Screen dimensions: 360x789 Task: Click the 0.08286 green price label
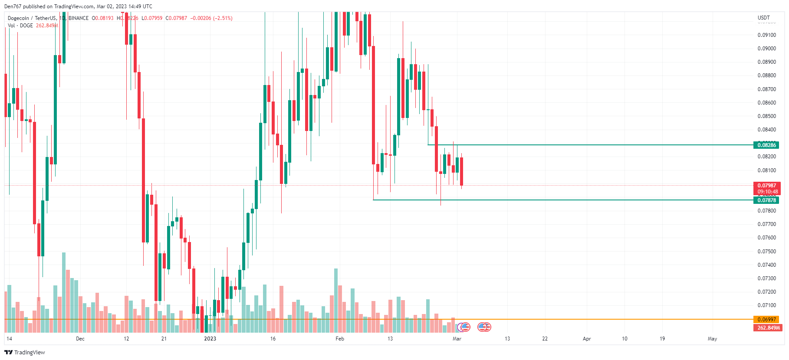coord(766,145)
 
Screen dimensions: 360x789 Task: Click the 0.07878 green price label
coord(766,200)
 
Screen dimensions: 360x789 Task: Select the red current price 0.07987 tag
coord(766,186)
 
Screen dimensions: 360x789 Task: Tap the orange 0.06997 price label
coord(766,320)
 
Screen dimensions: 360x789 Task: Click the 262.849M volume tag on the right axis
coord(768,327)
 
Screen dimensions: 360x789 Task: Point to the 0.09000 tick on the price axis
coord(766,49)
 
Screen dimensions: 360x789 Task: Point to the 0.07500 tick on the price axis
coord(766,252)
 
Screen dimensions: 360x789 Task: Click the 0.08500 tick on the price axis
coord(766,116)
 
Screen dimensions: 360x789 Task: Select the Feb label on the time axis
coord(340,339)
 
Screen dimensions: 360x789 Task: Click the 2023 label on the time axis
coord(210,339)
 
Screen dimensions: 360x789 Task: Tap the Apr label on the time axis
coord(587,339)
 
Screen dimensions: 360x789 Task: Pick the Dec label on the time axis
coord(80,339)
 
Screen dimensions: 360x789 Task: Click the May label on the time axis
coord(712,339)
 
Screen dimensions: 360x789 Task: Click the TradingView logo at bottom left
coord(25,352)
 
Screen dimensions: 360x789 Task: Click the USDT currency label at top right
coord(763,18)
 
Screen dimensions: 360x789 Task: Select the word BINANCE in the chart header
coord(79,18)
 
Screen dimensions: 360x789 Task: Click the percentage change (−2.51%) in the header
coord(223,18)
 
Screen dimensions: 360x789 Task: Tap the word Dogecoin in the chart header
coord(18,18)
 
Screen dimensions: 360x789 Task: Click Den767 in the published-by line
coord(12,7)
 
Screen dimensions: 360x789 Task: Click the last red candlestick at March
coord(461,171)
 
